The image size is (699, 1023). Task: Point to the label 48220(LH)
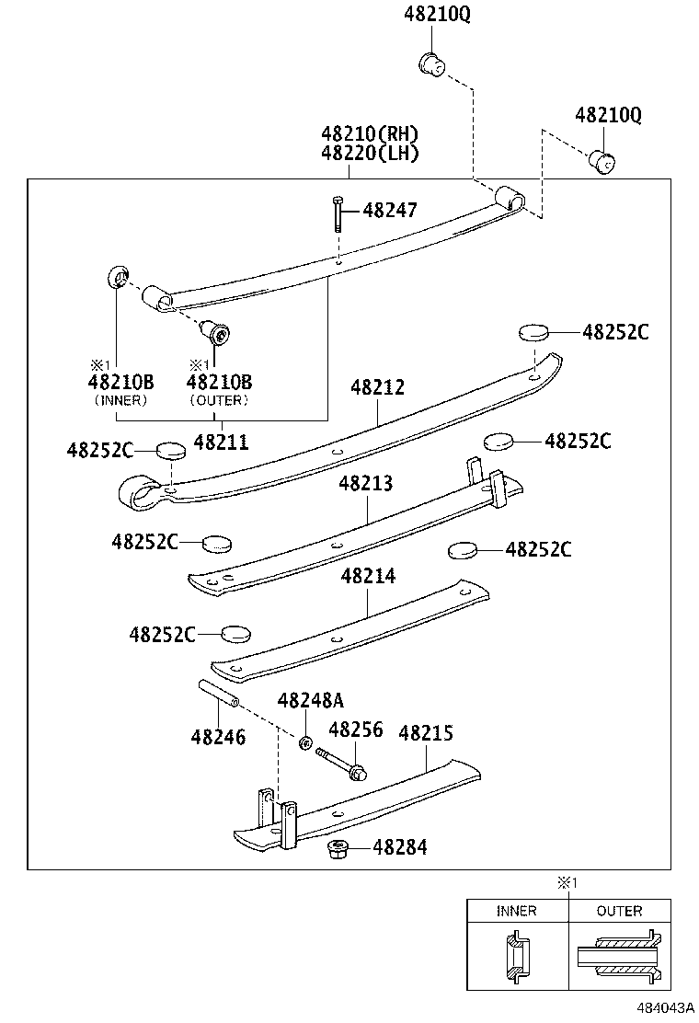pyautogui.click(x=370, y=154)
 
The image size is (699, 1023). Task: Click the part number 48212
pyautogui.click(x=377, y=388)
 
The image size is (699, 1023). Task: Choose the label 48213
pyautogui.click(x=365, y=484)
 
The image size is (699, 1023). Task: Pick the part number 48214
pyautogui.click(x=368, y=576)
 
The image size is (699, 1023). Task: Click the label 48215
pyautogui.click(x=426, y=733)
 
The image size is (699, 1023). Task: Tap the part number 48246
pyautogui.click(x=219, y=736)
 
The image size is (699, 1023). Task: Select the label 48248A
pyautogui.click(x=311, y=701)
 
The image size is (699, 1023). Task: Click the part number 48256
pyautogui.click(x=355, y=730)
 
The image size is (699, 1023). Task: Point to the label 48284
pyautogui.click(x=400, y=847)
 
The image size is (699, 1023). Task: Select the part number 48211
pyautogui.click(x=221, y=442)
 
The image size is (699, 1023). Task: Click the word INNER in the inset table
pyautogui.click(x=516, y=911)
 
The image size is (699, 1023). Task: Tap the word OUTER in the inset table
pyautogui.click(x=619, y=911)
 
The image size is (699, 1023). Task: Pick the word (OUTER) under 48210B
pyautogui.click(x=219, y=400)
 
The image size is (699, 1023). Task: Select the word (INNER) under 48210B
pyautogui.click(x=120, y=400)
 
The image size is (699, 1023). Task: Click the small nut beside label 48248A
pyautogui.click(x=304, y=741)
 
